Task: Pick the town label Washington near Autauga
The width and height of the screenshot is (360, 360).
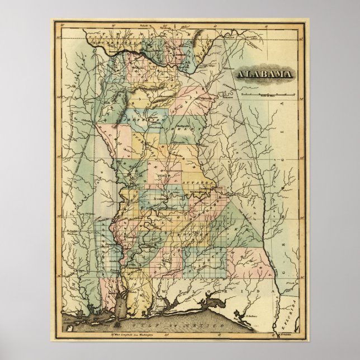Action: [x=197, y=193]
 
